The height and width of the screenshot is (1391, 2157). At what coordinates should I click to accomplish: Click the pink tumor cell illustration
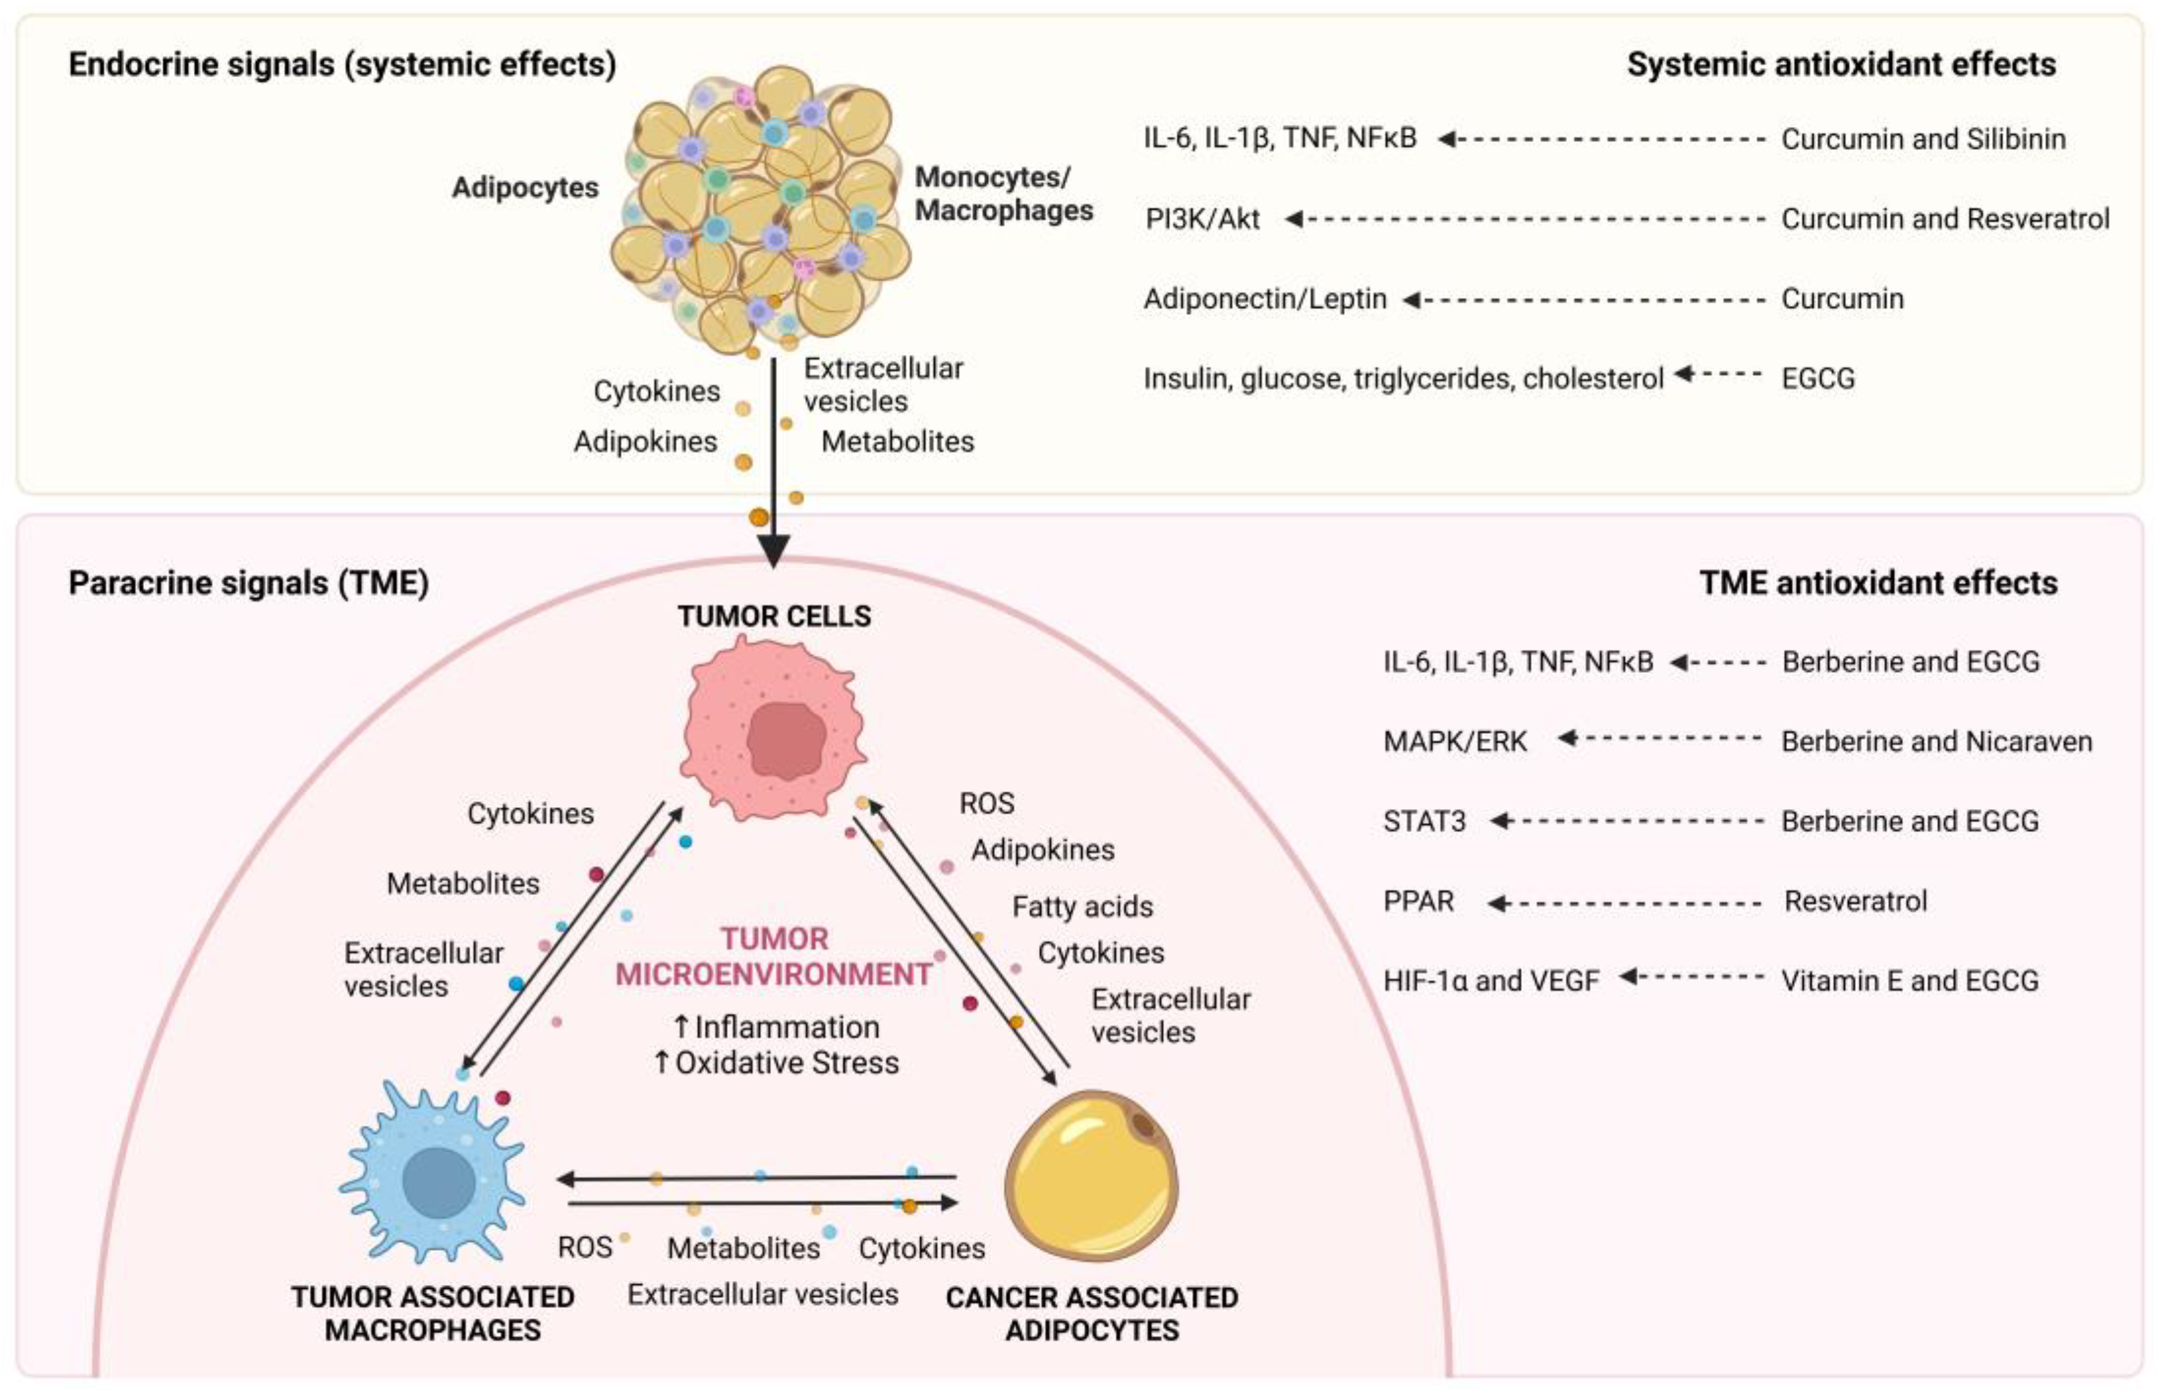click(773, 728)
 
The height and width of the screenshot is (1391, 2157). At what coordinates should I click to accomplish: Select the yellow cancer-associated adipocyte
click(1091, 1174)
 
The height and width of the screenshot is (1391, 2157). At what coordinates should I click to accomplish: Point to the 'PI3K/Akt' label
click(1203, 219)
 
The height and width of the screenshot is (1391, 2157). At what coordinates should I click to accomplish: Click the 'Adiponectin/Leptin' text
click(1265, 299)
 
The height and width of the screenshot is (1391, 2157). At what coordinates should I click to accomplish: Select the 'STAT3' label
click(1424, 821)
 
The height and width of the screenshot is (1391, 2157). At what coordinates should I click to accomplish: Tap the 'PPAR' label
click(1418, 901)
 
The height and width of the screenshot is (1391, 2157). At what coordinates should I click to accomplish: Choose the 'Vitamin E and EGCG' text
click(1910, 980)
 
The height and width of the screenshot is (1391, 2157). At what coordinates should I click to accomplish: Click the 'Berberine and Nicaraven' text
click(1936, 742)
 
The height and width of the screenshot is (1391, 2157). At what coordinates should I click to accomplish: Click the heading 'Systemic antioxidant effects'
click(1841, 64)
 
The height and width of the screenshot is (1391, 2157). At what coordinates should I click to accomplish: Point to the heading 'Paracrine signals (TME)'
click(248, 583)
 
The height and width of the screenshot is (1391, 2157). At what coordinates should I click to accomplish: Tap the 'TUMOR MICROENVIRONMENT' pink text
click(774, 956)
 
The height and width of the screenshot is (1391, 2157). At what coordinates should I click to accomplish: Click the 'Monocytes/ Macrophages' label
click(1003, 193)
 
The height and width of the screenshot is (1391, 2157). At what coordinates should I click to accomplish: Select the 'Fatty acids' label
click(1082, 906)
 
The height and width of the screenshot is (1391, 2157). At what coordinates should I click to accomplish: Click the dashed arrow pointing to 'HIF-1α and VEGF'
click(1691, 977)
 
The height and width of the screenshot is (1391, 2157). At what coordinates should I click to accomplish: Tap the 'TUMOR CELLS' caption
click(774, 616)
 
